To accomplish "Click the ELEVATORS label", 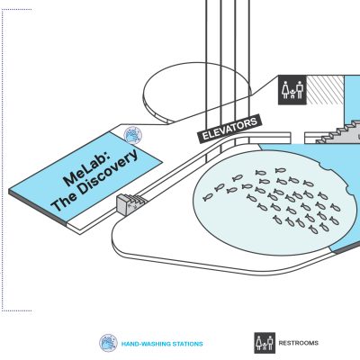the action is pyautogui.click(x=229, y=128).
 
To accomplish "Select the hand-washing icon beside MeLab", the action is pyautogui.click(x=133, y=135).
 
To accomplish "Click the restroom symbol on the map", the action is pyautogui.click(x=292, y=90).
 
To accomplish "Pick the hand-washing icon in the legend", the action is pyautogui.click(x=108, y=343).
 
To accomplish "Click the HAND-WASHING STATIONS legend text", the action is pyautogui.click(x=162, y=344).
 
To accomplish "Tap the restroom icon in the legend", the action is pyautogui.click(x=265, y=343).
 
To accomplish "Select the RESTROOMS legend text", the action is pyautogui.click(x=299, y=343).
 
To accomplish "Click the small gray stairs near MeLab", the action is pyautogui.click(x=130, y=203).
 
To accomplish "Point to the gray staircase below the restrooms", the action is pyautogui.click(x=337, y=133).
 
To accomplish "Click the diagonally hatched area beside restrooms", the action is pyautogui.click(x=325, y=90).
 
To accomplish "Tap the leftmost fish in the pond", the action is pyautogui.click(x=208, y=197).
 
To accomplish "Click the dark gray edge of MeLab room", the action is pyautogui.click(x=38, y=208).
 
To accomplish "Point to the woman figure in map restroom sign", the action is pyautogui.click(x=285, y=90).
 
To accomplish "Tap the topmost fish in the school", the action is pyautogui.click(x=281, y=170).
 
